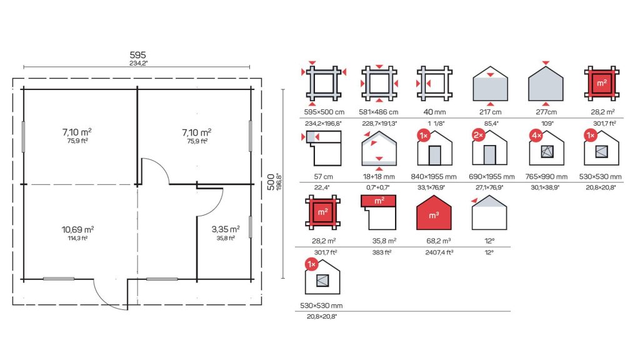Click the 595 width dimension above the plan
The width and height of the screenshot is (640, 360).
point(137,55)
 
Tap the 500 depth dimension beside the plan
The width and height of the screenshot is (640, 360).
point(271,182)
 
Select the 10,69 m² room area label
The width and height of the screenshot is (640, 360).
point(77,229)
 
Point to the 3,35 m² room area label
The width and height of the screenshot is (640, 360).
point(225,229)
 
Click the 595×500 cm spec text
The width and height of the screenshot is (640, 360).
point(324,112)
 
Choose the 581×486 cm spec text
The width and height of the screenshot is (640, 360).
point(378,112)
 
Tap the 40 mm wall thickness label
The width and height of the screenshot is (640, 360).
point(434,112)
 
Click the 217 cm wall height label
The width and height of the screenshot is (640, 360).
point(490,112)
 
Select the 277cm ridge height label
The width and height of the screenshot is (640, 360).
point(546,112)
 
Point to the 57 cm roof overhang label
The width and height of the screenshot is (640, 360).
point(323,177)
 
